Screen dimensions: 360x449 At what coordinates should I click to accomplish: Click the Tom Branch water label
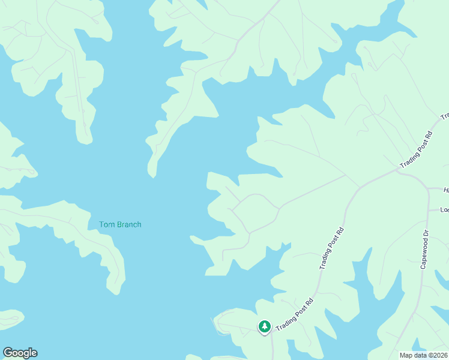[x=120, y=224]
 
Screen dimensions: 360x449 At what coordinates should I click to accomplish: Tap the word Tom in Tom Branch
[x=106, y=224]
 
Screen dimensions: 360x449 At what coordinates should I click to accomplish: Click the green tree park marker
[x=264, y=326]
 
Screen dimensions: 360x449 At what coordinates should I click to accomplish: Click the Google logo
[x=20, y=353]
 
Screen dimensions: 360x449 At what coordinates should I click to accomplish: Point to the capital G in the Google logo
[x=8, y=352]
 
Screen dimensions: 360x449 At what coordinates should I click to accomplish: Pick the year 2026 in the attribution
[x=439, y=355]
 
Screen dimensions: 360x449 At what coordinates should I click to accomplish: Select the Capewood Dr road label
[x=424, y=248]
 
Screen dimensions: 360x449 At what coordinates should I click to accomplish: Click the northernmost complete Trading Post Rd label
[x=417, y=149]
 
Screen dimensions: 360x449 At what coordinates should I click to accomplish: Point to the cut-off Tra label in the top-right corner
[x=445, y=116]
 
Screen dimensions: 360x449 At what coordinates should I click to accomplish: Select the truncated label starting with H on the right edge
[x=446, y=190]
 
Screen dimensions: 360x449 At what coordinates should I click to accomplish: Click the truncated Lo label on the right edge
[x=444, y=209]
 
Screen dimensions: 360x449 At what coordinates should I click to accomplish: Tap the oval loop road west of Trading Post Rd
[x=255, y=214]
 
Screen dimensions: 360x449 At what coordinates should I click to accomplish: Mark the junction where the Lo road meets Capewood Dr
[x=427, y=211]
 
